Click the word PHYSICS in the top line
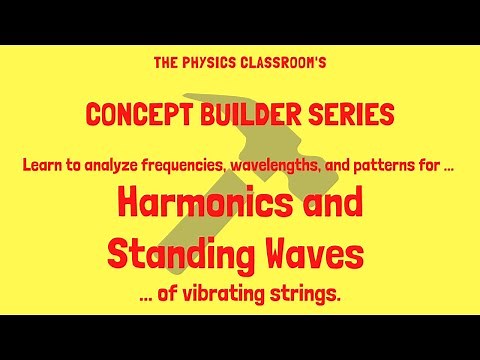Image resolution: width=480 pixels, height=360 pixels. click(x=203, y=62)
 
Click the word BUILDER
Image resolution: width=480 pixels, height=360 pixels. click(x=248, y=115)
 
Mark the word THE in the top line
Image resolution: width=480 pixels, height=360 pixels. click(x=166, y=62)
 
